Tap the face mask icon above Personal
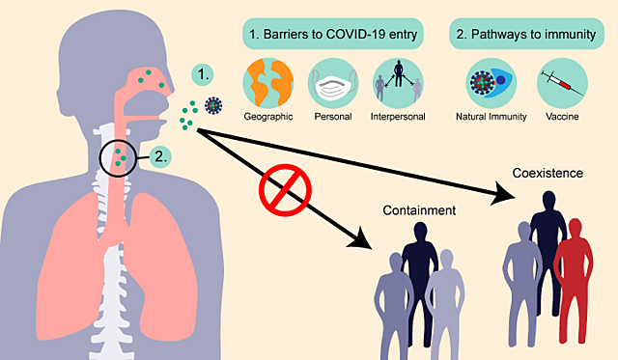click(x=333, y=83)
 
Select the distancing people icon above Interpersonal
click(x=397, y=83)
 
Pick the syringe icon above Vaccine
click(x=563, y=83)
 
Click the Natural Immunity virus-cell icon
click(x=492, y=83)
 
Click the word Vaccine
click(x=562, y=118)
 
